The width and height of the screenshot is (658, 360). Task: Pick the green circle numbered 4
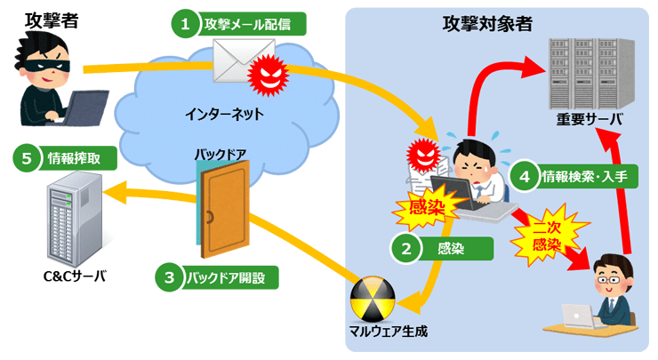click(x=525, y=176)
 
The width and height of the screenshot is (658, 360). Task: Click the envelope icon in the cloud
click(x=237, y=60)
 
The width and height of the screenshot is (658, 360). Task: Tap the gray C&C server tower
click(x=71, y=219)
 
